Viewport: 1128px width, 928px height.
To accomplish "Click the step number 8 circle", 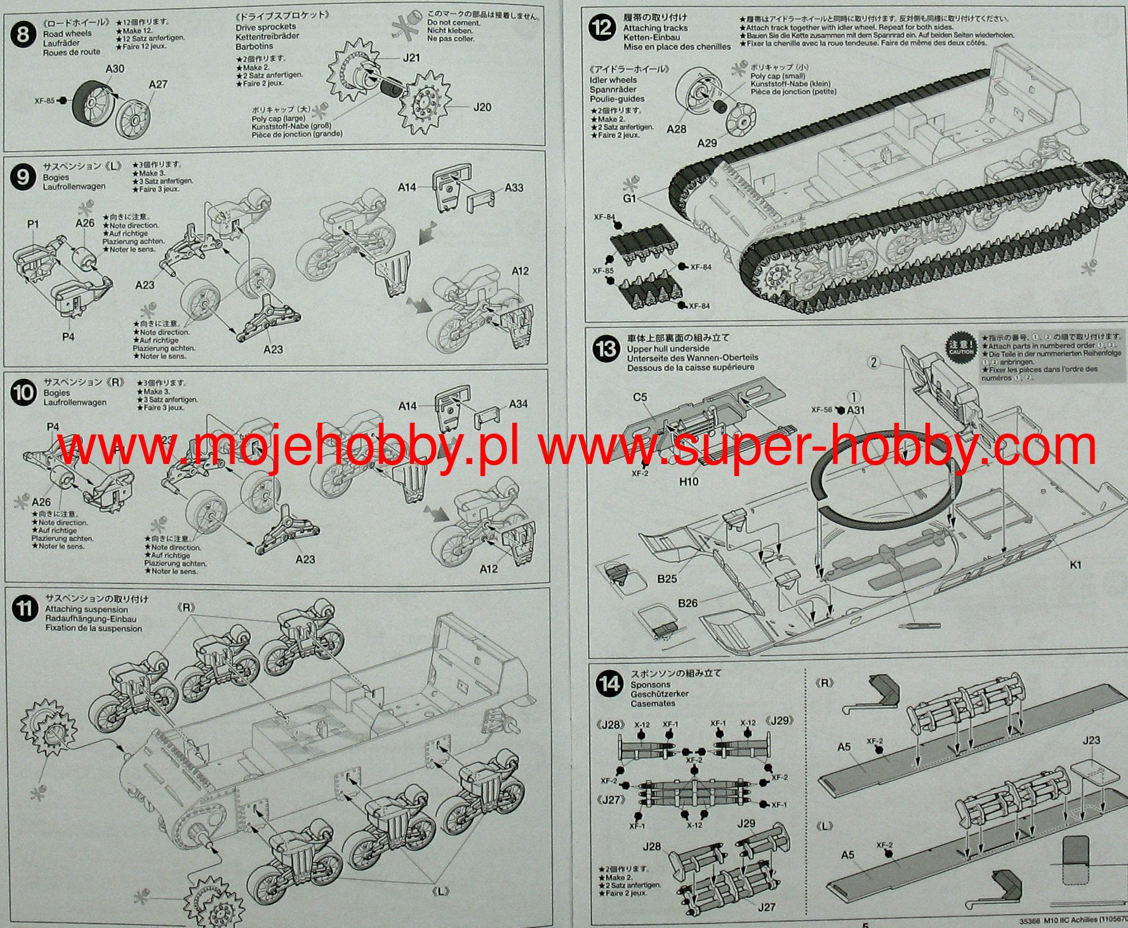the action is click(23, 34).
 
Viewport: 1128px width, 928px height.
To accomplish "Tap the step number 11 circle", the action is click(24, 609).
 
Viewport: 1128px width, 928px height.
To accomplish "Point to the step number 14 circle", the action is click(609, 684).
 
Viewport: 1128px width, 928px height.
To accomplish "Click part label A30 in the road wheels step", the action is click(115, 69).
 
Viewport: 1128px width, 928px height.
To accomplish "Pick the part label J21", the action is click(411, 58).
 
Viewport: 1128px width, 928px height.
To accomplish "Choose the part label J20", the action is click(482, 107).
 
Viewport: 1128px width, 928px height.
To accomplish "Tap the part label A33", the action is click(514, 188).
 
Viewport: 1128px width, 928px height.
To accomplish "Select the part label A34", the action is click(518, 404).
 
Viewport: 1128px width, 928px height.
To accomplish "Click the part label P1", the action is click(33, 224).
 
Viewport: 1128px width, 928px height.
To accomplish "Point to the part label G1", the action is click(629, 199).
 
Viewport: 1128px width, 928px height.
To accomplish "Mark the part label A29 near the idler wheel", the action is click(707, 143).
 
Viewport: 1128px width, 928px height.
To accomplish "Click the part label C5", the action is click(640, 397).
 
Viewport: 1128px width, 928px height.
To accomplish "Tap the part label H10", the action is click(689, 482).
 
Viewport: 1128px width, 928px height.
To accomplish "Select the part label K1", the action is click(1075, 565).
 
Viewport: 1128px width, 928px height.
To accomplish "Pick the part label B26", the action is click(687, 603).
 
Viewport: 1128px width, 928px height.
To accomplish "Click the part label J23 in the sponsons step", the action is click(1091, 741).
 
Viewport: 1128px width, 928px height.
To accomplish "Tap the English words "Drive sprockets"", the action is click(265, 27).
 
